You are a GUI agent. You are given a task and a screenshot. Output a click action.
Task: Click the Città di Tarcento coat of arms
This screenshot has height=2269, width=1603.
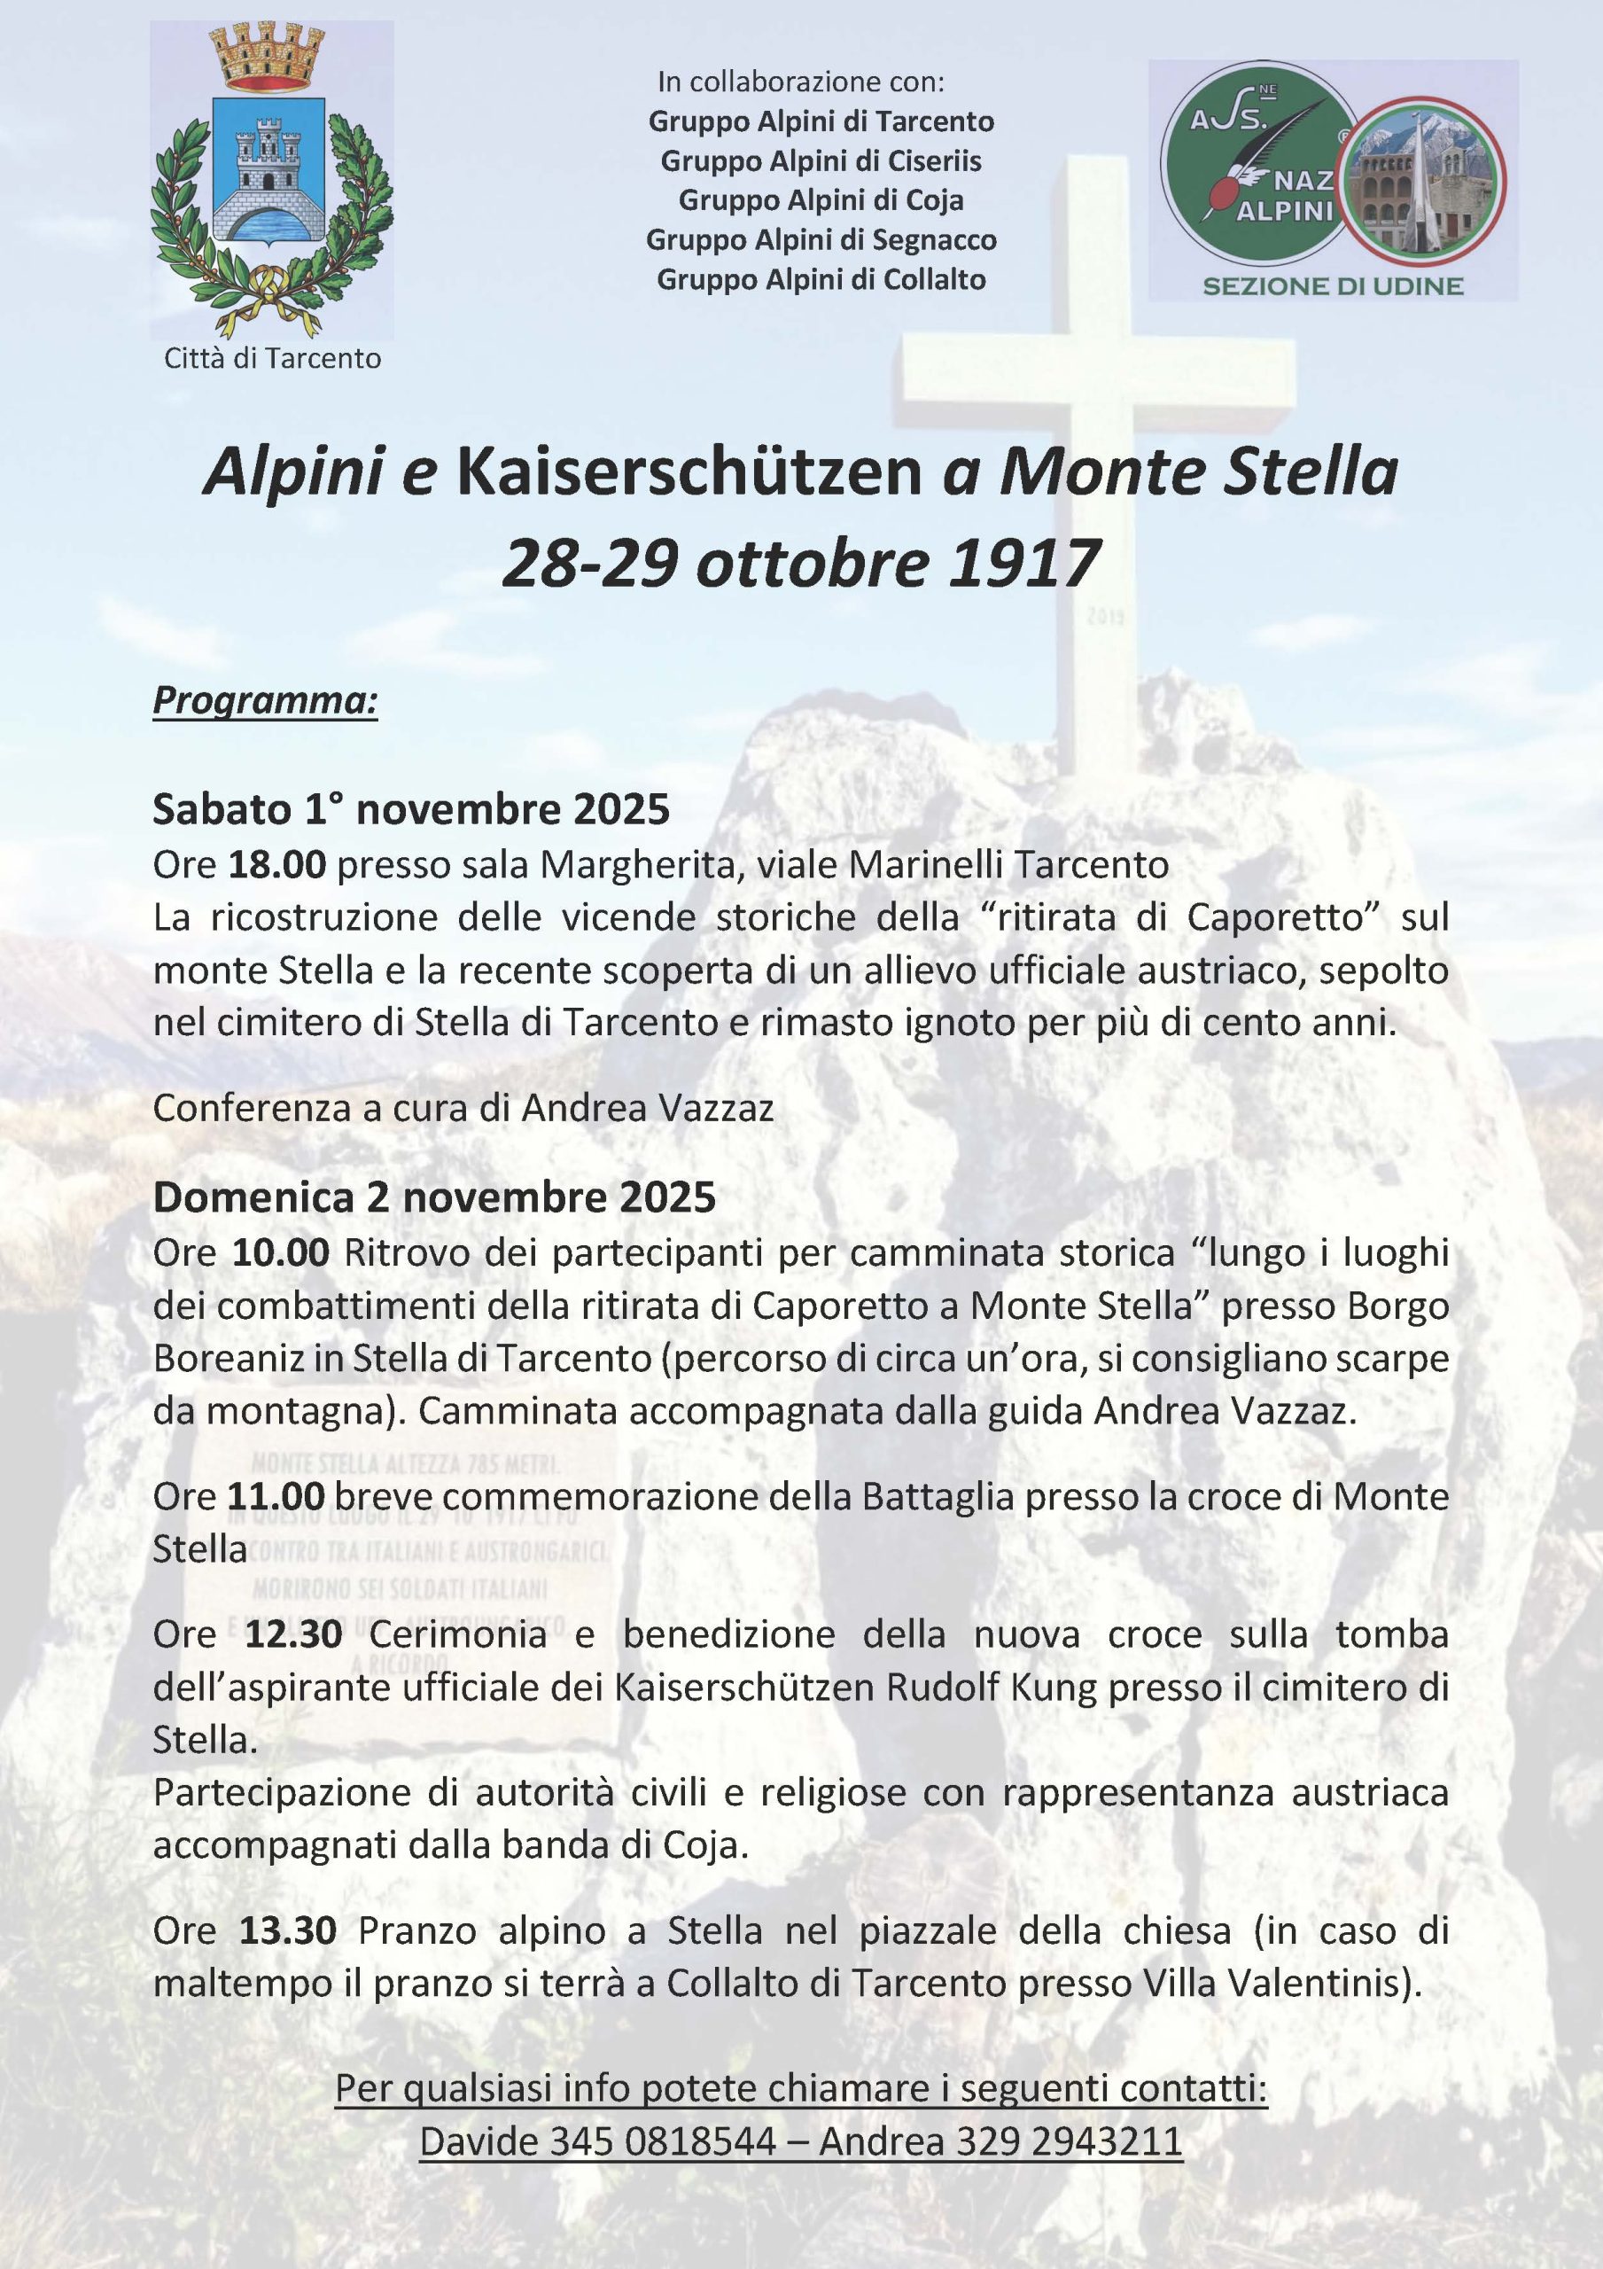[x=272, y=178]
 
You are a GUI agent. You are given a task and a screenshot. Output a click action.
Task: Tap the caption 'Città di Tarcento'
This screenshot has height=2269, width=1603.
[x=272, y=358]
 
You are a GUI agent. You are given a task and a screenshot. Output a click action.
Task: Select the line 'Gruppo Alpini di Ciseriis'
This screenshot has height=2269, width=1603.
[x=821, y=160]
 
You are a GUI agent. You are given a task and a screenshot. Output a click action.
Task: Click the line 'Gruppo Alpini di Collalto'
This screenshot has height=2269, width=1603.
[x=821, y=280]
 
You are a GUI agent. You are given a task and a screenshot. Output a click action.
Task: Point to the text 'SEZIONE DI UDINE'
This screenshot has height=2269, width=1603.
[x=1332, y=286]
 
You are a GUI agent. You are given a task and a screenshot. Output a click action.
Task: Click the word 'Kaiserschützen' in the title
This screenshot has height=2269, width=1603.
[x=688, y=473]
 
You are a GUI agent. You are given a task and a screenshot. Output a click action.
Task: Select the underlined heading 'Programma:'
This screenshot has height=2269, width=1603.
[x=265, y=701]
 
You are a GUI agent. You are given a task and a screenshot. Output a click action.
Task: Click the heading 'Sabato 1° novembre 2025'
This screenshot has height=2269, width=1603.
[x=411, y=809]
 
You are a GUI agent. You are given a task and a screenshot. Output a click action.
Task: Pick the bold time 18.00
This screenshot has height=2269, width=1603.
[x=276, y=865]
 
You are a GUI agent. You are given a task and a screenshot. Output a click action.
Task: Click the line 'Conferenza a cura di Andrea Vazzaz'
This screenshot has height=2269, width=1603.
[x=463, y=1108]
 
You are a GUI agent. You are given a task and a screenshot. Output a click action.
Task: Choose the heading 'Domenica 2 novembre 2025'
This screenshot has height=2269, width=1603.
[x=434, y=1197]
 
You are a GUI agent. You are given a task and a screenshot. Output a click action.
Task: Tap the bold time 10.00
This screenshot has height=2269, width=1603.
[x=280, y=1253]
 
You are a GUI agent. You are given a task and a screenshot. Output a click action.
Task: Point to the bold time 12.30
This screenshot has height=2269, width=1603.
[x=292, y=1634]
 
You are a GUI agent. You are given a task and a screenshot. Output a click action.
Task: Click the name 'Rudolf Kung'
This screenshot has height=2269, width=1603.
[x=991, y=1688]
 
